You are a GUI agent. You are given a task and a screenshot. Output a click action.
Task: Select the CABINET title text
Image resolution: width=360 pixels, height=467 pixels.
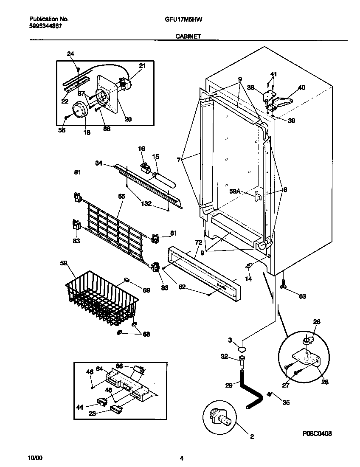point(188,37)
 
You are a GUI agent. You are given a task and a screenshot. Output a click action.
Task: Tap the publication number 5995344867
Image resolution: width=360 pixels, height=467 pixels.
point(45,26)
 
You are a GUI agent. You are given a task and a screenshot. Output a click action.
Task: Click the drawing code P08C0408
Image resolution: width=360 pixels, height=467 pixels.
point(317,433)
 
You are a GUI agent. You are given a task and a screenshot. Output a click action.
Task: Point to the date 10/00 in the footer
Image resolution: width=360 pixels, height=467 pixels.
point(35,458)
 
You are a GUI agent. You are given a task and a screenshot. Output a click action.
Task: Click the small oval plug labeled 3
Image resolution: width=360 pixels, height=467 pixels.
point(242,349)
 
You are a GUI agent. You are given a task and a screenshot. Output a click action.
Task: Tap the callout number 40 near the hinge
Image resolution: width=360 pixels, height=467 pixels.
point(301,88)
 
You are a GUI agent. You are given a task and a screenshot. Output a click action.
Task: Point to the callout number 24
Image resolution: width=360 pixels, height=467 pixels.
point(70,53)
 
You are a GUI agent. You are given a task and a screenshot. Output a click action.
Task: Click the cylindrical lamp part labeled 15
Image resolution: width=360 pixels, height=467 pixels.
point(163,178)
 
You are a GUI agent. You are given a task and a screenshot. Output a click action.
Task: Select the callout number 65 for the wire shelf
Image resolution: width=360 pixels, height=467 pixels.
point(121,197)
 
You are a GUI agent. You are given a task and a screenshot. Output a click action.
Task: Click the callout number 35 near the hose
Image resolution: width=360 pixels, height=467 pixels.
point(286,402)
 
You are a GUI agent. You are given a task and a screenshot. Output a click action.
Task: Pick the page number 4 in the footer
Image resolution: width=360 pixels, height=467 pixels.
point(181,458)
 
